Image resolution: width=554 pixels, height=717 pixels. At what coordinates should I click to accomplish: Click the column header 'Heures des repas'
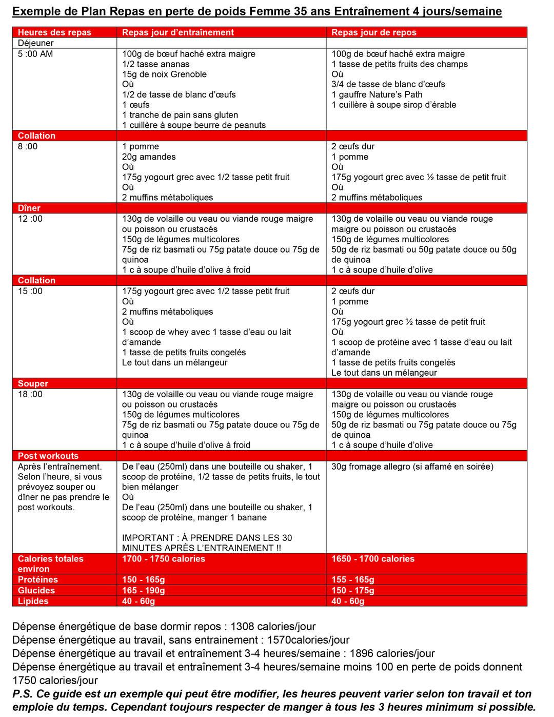(x=54, y=32)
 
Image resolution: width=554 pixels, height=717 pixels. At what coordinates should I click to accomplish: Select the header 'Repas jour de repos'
(x=373, y=32)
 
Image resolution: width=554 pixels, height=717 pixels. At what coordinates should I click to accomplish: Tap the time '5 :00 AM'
(x=35, y=54)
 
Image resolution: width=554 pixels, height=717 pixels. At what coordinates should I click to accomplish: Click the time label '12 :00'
(x=30, y=219)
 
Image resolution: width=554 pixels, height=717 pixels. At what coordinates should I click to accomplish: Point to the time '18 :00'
(x=30, y=394)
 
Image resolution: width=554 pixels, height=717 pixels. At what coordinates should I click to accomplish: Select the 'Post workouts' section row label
(x=48, y=456)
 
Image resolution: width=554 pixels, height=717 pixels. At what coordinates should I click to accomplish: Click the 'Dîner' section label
(x=29, y=208)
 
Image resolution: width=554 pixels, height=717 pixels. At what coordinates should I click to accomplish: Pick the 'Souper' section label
(x=33, y=383)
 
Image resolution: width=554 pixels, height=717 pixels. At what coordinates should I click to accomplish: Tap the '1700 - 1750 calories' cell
(x=163, y=559)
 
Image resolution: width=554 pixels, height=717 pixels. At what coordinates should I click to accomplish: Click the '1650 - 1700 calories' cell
(x=373, y=559)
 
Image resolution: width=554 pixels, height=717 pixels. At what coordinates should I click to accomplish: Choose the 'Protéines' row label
(x=38, y=579)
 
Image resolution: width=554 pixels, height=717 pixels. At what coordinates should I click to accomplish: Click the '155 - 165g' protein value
(x=353, y=579)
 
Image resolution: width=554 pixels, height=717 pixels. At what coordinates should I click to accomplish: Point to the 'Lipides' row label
(x=33, y=601)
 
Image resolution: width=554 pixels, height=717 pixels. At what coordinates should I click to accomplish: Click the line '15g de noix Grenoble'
(x=164, y=74)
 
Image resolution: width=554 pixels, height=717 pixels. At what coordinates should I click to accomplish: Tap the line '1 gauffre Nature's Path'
(x=377, y=94)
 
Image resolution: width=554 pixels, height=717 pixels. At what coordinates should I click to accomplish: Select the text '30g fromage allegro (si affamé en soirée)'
(x=412, y=467)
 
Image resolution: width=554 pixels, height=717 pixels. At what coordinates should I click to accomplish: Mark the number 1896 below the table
(x=361, y=653)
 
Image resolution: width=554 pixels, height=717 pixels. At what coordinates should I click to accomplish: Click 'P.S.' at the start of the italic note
(x=23, y=694)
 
